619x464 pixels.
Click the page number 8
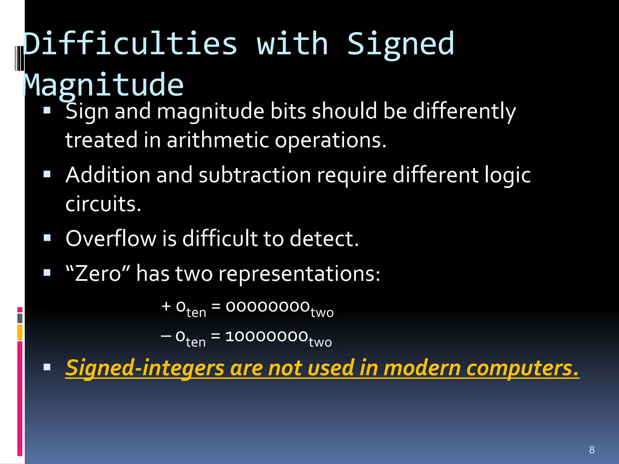592,450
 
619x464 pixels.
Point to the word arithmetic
218,140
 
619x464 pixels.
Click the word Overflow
111,239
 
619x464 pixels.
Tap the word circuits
103,204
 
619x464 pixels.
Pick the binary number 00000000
267,307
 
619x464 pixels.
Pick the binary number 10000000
266,336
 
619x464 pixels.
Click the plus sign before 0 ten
166,306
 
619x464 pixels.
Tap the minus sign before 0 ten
166,336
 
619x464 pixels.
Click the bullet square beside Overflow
47,238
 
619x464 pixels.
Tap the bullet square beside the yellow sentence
47,367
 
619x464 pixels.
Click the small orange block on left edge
20,332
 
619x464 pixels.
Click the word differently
464,111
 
